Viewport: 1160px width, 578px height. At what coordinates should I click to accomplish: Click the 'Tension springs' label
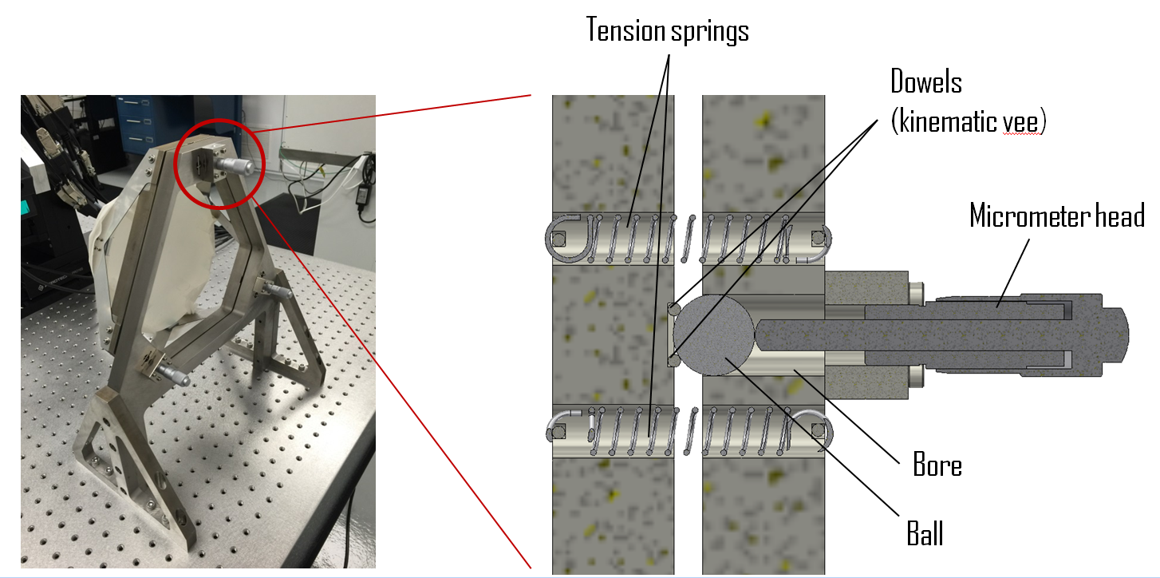coord(668,30)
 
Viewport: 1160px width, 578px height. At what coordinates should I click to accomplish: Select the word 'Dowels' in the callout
coord(925,81)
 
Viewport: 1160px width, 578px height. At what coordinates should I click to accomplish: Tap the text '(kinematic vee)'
coord(967,122)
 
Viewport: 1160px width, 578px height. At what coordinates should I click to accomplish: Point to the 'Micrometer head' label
coord(1056,216)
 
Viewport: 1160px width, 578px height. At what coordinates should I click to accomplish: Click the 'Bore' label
coord(937,465)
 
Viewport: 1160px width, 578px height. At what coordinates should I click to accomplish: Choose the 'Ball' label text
coord(925,533)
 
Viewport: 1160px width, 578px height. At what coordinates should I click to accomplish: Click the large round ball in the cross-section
coord(713,334)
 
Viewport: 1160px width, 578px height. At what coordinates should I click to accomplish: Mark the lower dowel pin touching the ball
coord(674,362)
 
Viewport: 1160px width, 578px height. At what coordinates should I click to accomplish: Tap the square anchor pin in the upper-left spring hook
coord(558,237)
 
